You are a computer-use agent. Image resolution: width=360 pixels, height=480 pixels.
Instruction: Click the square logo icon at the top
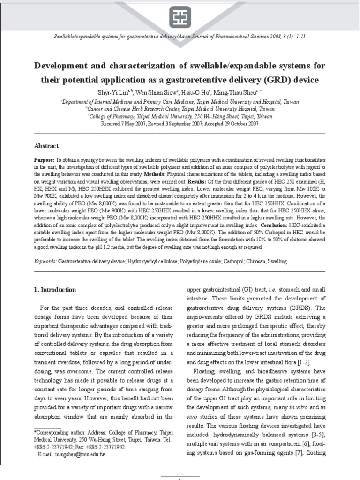(180, 17)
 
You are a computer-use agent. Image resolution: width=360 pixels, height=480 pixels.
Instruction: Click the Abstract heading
(46, 146)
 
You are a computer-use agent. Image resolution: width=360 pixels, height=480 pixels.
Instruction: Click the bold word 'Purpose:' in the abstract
(45, 160)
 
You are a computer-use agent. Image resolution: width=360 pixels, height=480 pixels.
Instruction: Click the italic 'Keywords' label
(45, 260)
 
